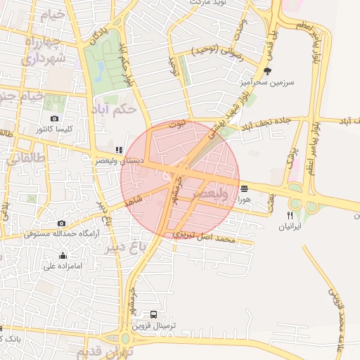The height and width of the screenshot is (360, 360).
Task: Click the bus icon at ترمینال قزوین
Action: [154, 314]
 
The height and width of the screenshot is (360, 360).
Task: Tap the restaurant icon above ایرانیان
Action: [289, 214]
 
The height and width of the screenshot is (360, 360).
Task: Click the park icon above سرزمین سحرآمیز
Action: [266, 71]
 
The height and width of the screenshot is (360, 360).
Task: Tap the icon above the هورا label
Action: [244, 188]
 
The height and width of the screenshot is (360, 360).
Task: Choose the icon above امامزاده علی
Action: [63, 255]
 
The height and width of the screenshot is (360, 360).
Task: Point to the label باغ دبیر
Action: [129, 247]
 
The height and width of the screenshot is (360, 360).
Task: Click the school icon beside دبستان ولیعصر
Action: [120, 150]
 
